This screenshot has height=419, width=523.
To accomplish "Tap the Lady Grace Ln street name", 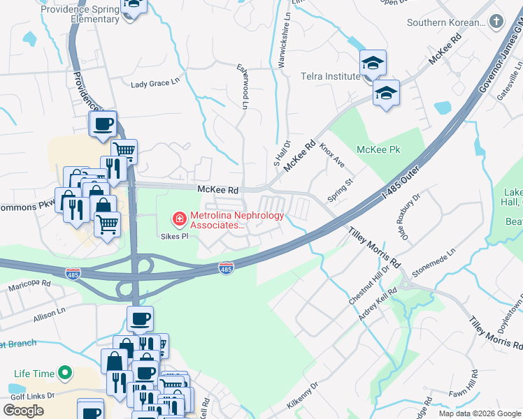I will [x=150, y=84].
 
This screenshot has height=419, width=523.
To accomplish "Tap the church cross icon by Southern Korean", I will [x=496, y=21].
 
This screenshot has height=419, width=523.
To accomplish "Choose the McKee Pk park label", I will [x=378, y=149].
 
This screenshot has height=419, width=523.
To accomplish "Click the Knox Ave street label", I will [x=332, y=155].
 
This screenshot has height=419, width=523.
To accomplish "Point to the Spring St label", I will [x=342, y=189].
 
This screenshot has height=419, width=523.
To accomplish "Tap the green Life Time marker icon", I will [x=65, y=374].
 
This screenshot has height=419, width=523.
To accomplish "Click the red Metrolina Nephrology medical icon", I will [x=180, y=220].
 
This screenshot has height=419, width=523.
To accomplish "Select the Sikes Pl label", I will [x=175, y=237].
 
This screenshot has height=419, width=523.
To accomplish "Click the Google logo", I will [x=23, y=410].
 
